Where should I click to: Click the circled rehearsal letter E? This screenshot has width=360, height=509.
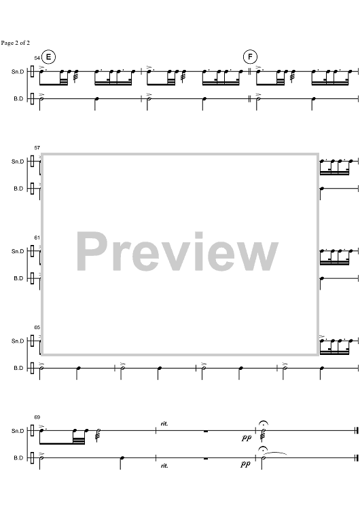48,57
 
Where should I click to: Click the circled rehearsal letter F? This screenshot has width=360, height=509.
250,57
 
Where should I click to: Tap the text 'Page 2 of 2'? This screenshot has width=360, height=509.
15,43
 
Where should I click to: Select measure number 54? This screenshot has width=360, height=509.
37,58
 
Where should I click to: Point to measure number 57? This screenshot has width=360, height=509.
37,148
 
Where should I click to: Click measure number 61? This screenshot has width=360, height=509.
37,238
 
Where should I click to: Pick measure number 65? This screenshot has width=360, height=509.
37,328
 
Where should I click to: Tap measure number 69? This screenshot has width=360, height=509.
37,417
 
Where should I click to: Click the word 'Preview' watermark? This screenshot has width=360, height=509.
177,252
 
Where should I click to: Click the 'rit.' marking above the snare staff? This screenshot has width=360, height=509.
164,423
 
